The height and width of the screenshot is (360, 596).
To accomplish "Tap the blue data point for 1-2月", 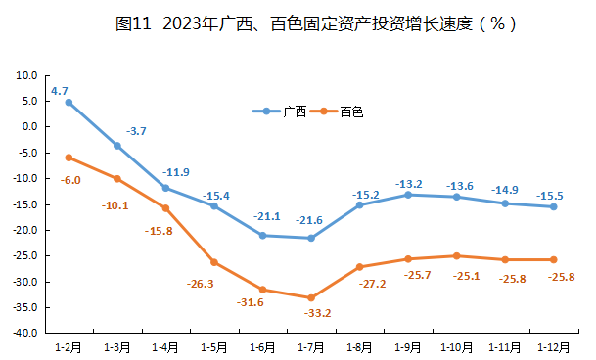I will click(69, 102).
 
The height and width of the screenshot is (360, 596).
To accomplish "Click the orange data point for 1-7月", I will click(311, 297).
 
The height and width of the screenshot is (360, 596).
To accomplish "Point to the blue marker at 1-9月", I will click(408, 195).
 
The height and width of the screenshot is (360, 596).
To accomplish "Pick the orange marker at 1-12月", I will click(553, 259).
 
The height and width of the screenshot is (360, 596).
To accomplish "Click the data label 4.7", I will click(59, 90).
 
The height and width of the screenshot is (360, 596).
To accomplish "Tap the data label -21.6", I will click(310, 221).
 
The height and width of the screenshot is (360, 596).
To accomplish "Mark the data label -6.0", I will click(70, 180).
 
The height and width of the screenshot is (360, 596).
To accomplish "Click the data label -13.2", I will click(409, 183).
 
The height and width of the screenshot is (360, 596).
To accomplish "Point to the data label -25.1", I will click(456, 276).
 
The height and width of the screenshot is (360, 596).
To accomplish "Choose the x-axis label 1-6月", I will click(262, 346).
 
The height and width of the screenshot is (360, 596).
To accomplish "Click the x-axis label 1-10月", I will click(456, 346).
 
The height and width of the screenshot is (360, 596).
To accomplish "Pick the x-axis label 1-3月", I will click(117, 346).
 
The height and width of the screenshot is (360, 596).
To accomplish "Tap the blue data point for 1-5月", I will click(214, 205).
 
